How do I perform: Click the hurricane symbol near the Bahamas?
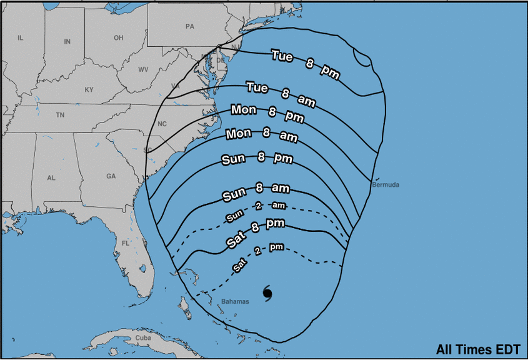coord(267,293)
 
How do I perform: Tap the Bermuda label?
coord(385,185)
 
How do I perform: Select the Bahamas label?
coord(235,301)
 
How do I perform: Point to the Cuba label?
coord(143,338)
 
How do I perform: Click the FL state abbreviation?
coord(125,242)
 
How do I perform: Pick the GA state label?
coord(111,176)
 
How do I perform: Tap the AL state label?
coord(51,178)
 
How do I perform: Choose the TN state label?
coord(60,115)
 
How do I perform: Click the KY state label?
coord(89,90)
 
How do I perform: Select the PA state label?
coord(190,26)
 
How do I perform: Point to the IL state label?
coord(20,38)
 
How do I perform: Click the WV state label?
coord(143,69)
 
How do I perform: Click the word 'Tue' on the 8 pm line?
coord(282,56)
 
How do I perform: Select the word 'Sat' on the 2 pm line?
coord(238,266)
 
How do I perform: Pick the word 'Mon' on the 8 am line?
coord(238,134)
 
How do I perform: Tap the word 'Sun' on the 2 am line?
coord(234,217)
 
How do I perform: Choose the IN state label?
coord(67,42)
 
